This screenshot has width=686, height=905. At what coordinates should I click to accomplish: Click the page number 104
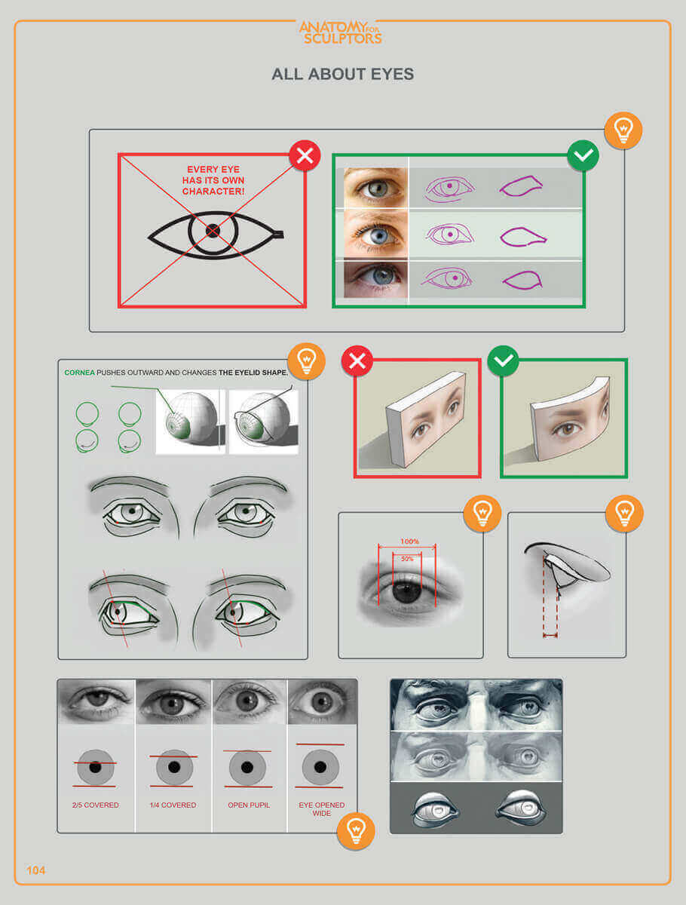coord(36,870)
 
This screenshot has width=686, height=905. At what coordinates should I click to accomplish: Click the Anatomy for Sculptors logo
coord(340,32)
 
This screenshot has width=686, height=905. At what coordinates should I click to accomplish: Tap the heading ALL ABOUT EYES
coord(343,74)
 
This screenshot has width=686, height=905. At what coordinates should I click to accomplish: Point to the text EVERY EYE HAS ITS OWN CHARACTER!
coord(213,180)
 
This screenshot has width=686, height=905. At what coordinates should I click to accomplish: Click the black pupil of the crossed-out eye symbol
coord(213,231)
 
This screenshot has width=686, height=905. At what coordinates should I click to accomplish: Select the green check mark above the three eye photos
coord(583,155)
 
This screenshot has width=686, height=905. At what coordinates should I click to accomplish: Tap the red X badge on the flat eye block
coord(357,360)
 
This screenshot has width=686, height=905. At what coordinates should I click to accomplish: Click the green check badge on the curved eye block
coord(503,360)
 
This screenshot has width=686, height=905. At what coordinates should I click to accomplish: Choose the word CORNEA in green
coord(79,373)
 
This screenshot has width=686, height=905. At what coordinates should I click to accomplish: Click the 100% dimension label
coord(409,541)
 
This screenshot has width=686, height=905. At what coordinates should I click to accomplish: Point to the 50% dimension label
coord(407,559)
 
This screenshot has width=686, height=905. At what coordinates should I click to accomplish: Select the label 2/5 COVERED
coord(96,805)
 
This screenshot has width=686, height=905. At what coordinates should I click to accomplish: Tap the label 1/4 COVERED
coord(173,805)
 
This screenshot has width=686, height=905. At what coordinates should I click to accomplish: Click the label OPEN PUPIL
coord(249,805)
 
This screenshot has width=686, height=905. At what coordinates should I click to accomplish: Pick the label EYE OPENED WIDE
coord(322,809)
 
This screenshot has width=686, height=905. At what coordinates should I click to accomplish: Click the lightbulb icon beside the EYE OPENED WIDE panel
coord(356,830)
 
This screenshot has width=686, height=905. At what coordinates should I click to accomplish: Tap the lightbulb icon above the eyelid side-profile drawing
coord(625,514)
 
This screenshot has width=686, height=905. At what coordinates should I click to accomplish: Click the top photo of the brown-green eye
coord(375,188)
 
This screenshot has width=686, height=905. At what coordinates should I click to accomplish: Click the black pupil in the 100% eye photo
coord(406,593)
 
